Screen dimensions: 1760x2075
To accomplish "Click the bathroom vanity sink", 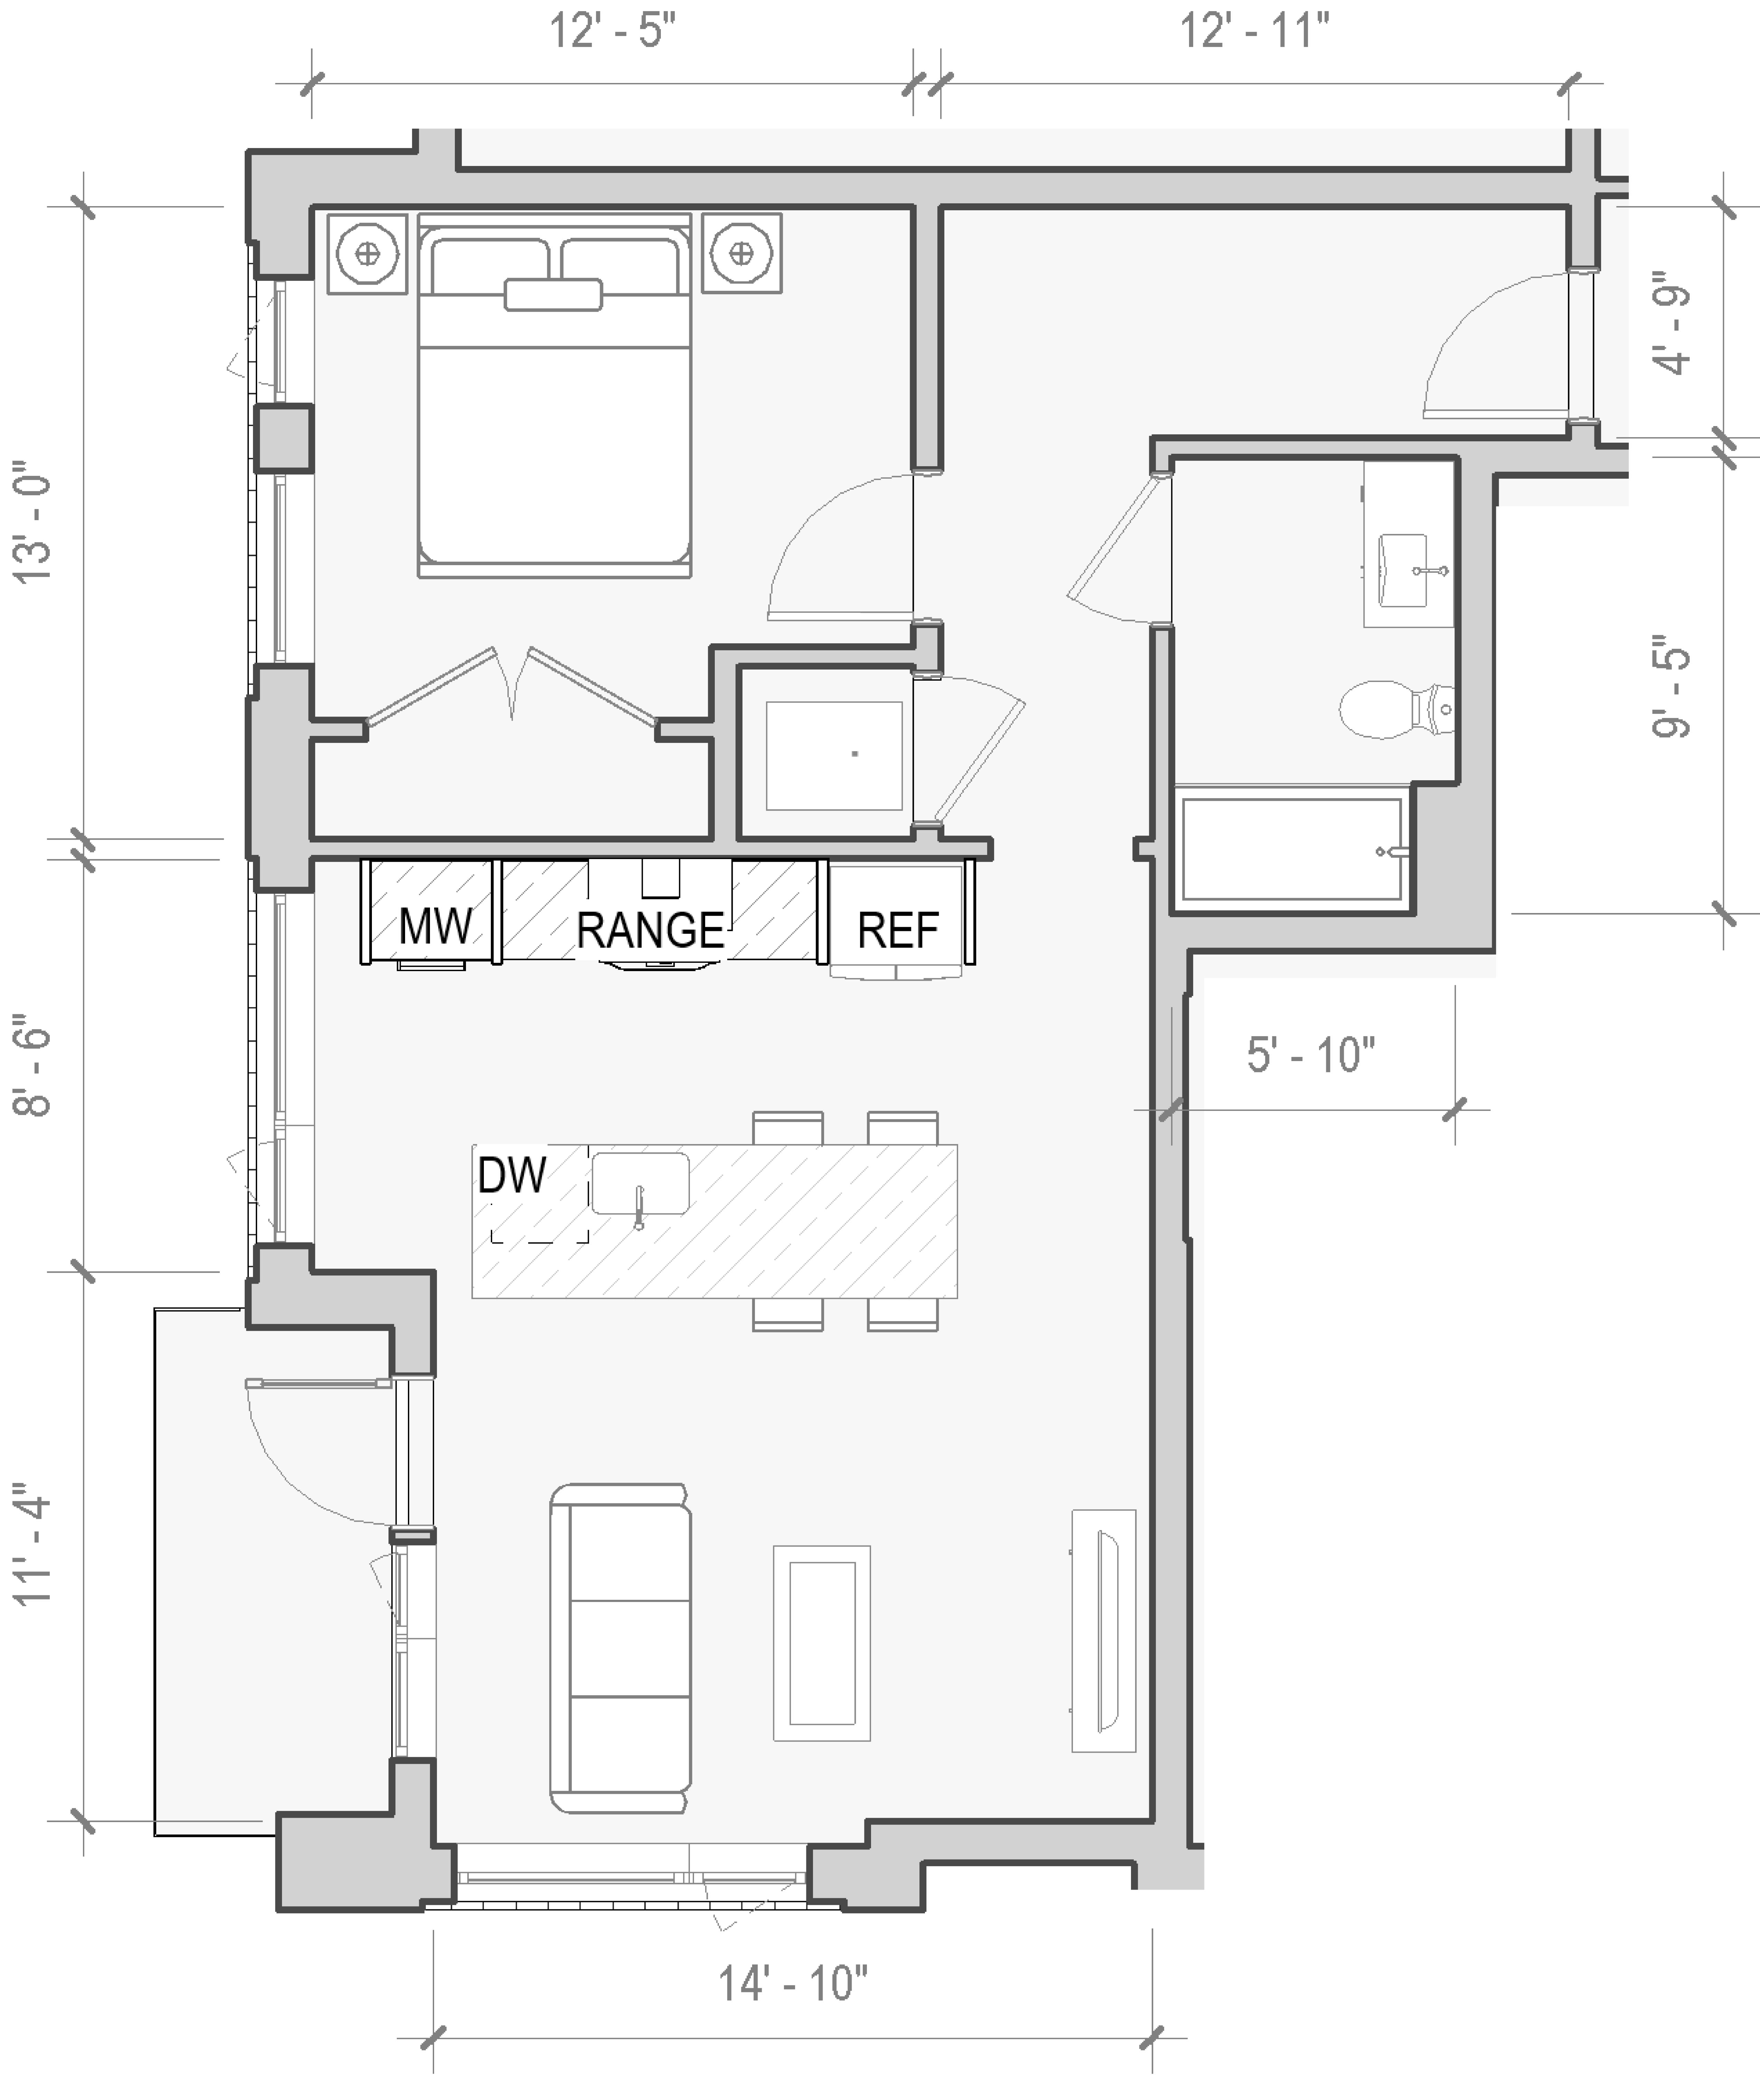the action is pyautogui.click(x=1409, y=571).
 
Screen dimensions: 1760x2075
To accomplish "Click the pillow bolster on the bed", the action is pyautogui.click(x=553, y=295).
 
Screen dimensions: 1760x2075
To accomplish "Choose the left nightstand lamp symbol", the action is pyautogui.click(x=367, y=253).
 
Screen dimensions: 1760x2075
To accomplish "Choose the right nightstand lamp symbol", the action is pyautogui.click(x=741, y=253).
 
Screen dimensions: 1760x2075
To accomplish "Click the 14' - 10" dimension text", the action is pyautogui.click(x=793, y=1983).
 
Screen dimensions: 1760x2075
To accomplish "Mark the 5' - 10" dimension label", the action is pyautogui.click(x=1311, y=1055).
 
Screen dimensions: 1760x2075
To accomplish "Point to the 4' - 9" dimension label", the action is pyautogui.click(x=1672, y=322).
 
